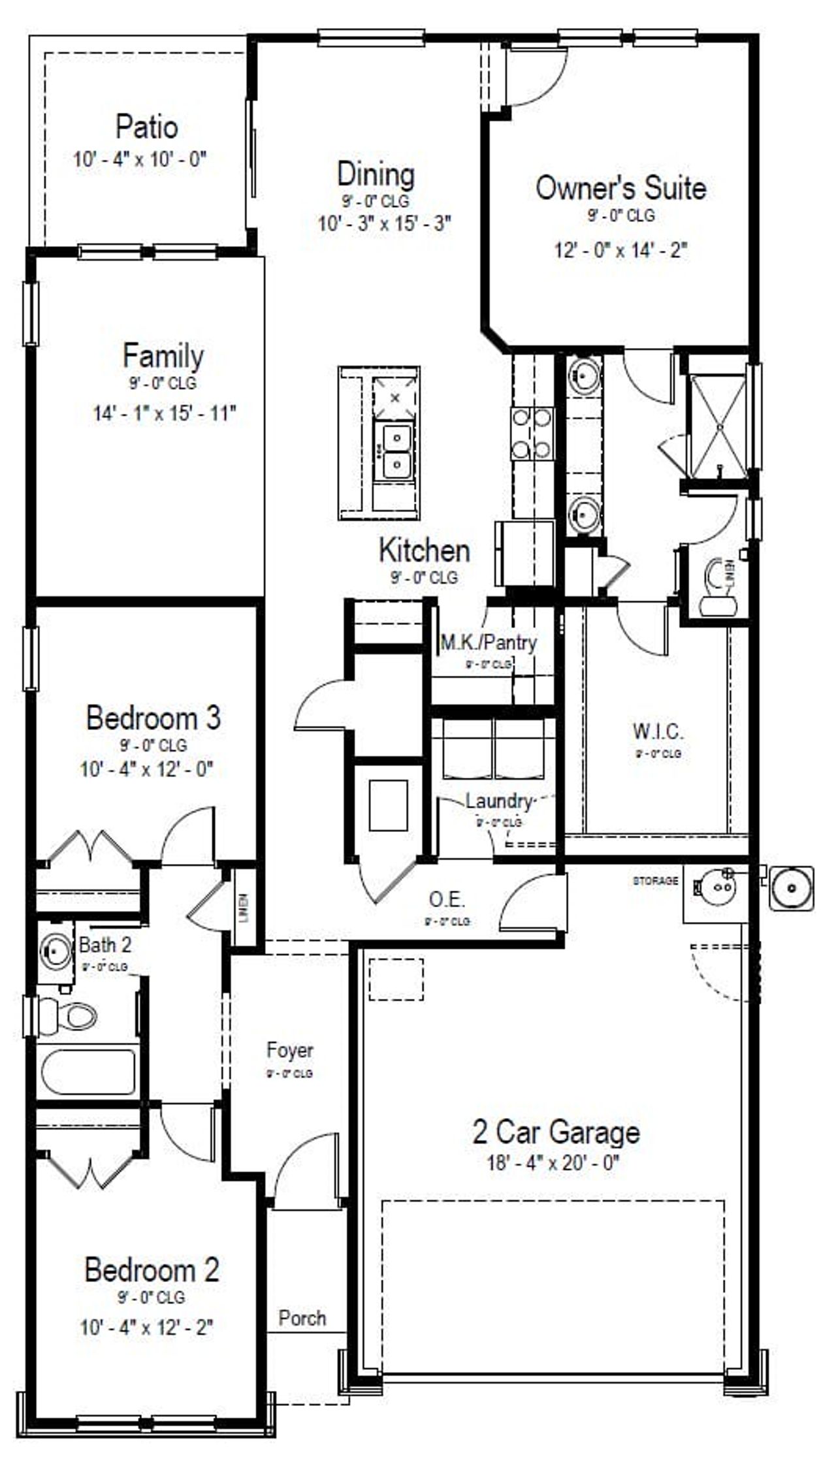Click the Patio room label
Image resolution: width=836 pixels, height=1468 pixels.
146,127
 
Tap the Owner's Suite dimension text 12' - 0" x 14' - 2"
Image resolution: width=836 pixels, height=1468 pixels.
620,250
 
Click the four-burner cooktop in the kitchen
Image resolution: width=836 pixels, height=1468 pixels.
532,433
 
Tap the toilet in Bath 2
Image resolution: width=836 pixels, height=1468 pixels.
69,1016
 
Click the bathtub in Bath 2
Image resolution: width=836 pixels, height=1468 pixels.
88,1072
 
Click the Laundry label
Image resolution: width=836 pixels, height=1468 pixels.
498,801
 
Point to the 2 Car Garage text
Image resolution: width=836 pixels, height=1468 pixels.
556,1132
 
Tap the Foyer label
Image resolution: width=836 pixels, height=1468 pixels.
289,1050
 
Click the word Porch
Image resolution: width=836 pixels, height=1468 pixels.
302,1318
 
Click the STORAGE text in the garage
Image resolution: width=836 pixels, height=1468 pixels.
655,881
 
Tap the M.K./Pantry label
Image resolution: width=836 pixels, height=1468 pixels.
489,643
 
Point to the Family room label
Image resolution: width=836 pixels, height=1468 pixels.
163,356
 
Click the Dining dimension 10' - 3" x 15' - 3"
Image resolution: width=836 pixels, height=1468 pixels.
385,224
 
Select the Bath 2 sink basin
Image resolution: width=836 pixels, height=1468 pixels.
56,950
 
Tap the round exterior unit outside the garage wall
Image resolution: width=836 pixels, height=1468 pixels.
792,888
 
